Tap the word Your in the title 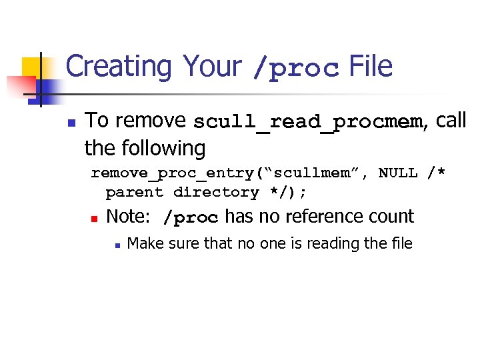point(213,67)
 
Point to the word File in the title point(370,67)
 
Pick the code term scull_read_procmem point(308,123)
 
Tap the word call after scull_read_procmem point(452,121)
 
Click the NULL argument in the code point(398,173)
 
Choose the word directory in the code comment point(215,193)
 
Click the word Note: point(129,217)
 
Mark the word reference point(327,217)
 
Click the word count point(393,217)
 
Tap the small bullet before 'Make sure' point(117,245)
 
